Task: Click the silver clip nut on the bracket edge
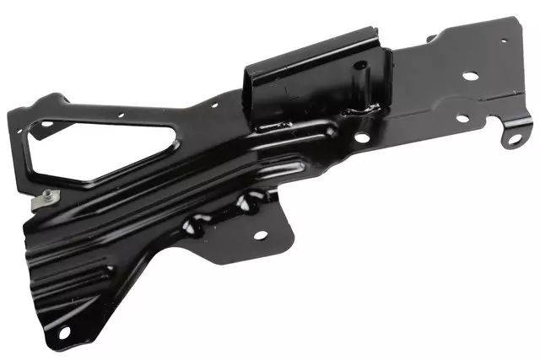tap(47, 199)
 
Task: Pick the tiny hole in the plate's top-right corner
tap(504, 40)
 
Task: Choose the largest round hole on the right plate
tap(470, 76)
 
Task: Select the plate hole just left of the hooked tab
tap(462, 118)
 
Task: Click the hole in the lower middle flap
tap(259, 234)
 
